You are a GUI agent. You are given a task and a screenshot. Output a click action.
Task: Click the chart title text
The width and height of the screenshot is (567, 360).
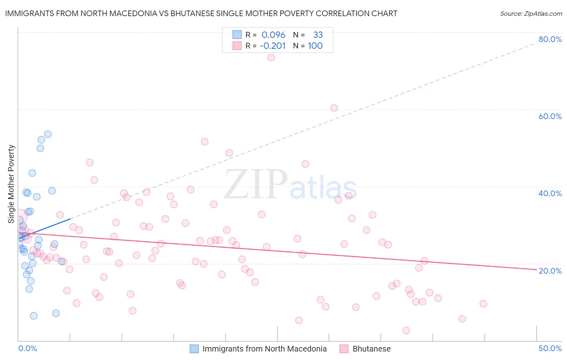(x=201, y=13)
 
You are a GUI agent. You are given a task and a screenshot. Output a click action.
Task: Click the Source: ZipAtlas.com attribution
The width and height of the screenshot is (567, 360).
(x=531, y=13)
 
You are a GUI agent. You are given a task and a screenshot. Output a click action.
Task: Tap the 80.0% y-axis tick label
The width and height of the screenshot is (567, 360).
(x=550, y=39)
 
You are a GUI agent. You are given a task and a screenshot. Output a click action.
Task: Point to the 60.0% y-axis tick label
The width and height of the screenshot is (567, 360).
(x=550, y=116)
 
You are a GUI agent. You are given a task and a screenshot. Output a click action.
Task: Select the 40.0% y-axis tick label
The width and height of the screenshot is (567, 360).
(x=550, y=193)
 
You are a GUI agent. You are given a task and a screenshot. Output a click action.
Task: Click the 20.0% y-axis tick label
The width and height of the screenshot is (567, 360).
(x=550, y=271)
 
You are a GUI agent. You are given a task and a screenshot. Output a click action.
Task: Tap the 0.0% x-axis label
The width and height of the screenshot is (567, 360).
(x=27, y=348)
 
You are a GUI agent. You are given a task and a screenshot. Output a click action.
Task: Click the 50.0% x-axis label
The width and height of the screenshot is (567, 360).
(x=550, y=348)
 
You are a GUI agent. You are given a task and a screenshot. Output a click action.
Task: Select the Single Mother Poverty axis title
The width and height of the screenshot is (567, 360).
(x=11, y=184)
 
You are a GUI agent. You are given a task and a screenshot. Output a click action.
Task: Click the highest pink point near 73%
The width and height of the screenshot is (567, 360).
(x=271, y=57)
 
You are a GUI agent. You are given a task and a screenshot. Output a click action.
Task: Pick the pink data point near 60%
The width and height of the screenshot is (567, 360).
(x=334, y=108)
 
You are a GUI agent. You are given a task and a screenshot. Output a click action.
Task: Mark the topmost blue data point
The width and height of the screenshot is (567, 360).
(x=48, y=134)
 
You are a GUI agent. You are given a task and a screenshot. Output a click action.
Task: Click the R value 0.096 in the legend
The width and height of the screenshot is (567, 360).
(x=273, y=35)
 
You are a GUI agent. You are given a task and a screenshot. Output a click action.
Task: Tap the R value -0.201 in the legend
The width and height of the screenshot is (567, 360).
(x=273, y=46)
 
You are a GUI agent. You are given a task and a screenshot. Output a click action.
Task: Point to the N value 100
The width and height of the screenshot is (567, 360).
(x=315, y=46)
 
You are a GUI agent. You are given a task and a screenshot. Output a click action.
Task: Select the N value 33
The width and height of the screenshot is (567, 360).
(x=318, y=35)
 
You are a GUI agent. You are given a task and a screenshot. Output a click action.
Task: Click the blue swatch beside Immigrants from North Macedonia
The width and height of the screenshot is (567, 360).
(x=194, y=349)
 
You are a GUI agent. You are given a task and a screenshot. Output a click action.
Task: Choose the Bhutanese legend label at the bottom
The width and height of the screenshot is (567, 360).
(x=371, y=349)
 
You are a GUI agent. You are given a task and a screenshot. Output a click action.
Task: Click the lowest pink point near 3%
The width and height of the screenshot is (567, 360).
(x=406, y=330)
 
